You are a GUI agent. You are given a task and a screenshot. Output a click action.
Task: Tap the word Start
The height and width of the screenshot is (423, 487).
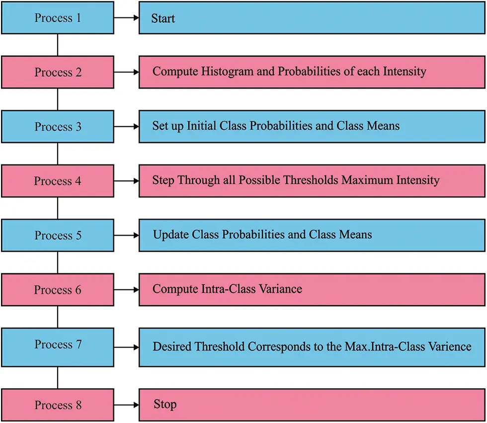click(163, 19)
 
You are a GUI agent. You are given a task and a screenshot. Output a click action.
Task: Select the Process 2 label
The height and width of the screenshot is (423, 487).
click(58, 73)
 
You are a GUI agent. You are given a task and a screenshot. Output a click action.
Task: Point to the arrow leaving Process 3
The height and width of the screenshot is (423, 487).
click(126, 127)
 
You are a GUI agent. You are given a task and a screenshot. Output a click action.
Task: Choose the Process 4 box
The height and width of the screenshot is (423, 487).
click(57, 181)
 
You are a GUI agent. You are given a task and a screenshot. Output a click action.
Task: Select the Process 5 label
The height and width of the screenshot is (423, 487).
click(58, 235)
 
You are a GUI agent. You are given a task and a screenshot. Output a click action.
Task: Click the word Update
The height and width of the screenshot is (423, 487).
click(170, 234)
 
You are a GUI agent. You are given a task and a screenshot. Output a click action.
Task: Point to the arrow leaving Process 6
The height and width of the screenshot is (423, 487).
click(126, 290)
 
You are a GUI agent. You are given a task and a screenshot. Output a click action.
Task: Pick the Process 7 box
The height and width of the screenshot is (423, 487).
click(57, 344)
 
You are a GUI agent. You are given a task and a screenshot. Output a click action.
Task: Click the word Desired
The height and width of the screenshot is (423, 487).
click(172, 346)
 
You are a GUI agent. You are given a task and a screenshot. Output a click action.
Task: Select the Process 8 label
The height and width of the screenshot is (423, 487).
click(58, 405)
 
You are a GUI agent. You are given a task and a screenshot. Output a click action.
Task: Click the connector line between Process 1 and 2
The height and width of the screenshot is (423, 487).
click(58, 45)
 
